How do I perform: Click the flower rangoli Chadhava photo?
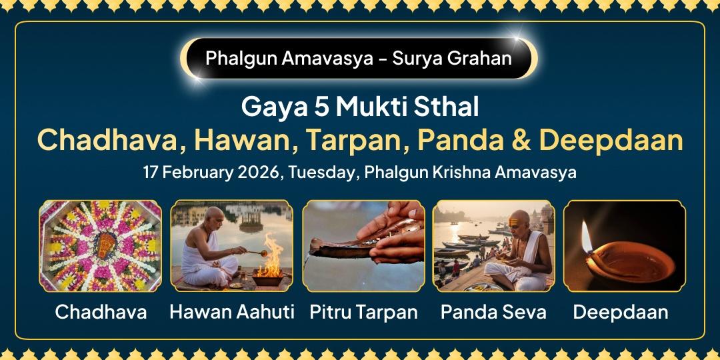point(100,246)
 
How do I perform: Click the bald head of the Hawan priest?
point(215,217)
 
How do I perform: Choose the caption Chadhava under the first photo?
point(101,311)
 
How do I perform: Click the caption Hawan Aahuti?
point(232,311)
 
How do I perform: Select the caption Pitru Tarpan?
point(364,311)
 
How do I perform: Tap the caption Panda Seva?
point(494,311)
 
